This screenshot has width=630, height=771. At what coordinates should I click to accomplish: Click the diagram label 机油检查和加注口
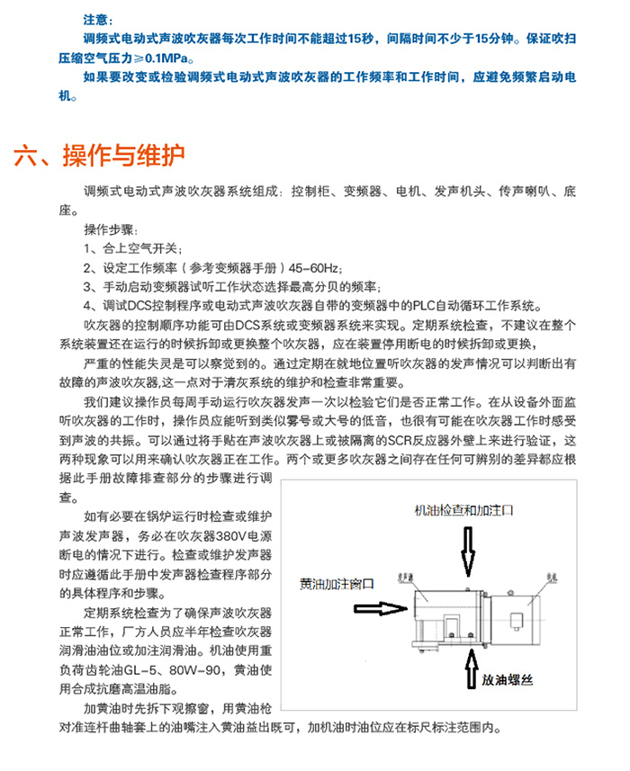point(463,509)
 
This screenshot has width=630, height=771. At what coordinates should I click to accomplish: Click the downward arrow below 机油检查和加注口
point(467,551)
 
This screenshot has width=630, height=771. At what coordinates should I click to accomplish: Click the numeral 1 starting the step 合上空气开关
point(86,248)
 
